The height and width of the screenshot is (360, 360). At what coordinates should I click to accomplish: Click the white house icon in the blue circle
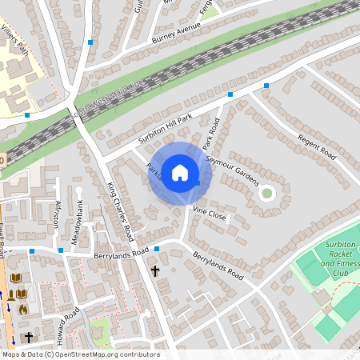[180, 172]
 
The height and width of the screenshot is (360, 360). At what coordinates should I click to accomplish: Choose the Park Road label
[210, 134]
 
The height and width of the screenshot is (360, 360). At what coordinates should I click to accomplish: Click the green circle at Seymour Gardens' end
[267, 192]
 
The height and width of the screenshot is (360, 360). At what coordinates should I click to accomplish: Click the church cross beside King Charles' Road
[155, 272]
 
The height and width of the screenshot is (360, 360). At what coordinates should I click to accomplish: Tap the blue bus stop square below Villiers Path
[26, 115]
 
